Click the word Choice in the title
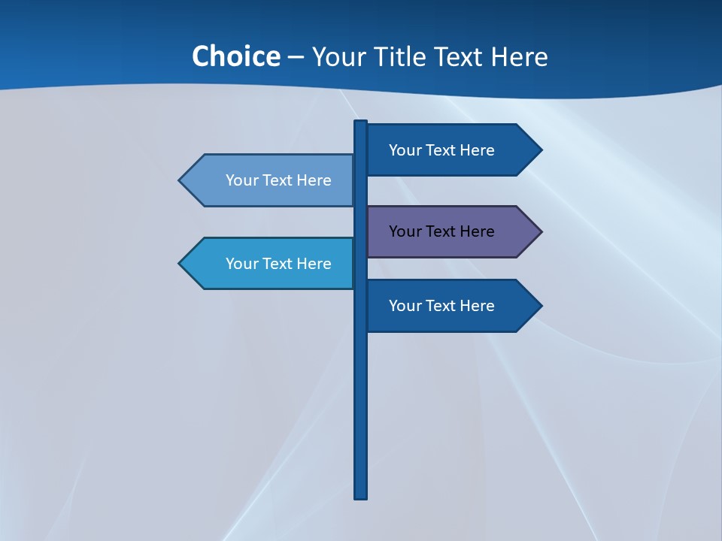click(x=235, y=56)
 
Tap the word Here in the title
click(x=519, y=57)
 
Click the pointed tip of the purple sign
click(x=540, y=231)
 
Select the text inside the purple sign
click(x=441, y=231)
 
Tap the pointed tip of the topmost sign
click(x=540, y=150)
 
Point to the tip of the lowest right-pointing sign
click(x=540, y=306)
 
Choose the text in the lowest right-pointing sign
click(x=441, y=306)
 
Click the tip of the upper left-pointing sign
click(x=180, y=180)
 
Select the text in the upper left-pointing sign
click(x=278, y=180)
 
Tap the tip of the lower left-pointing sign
click(x=180, y=264)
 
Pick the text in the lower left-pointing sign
click(x=278, y=264)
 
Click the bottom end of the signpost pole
click(x=361, y=496)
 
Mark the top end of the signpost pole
click(x=361, y=122)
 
